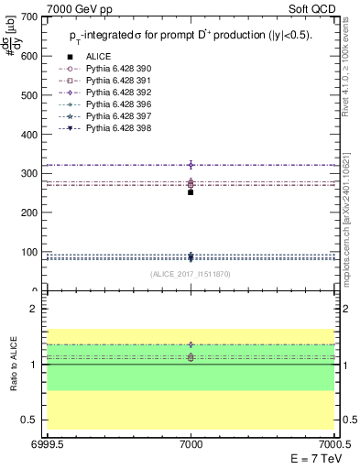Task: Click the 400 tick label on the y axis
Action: click(28, 135)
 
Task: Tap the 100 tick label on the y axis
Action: click(28, 252)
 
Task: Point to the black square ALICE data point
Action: click(191, 192)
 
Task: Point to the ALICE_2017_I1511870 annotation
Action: click(190, 274)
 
